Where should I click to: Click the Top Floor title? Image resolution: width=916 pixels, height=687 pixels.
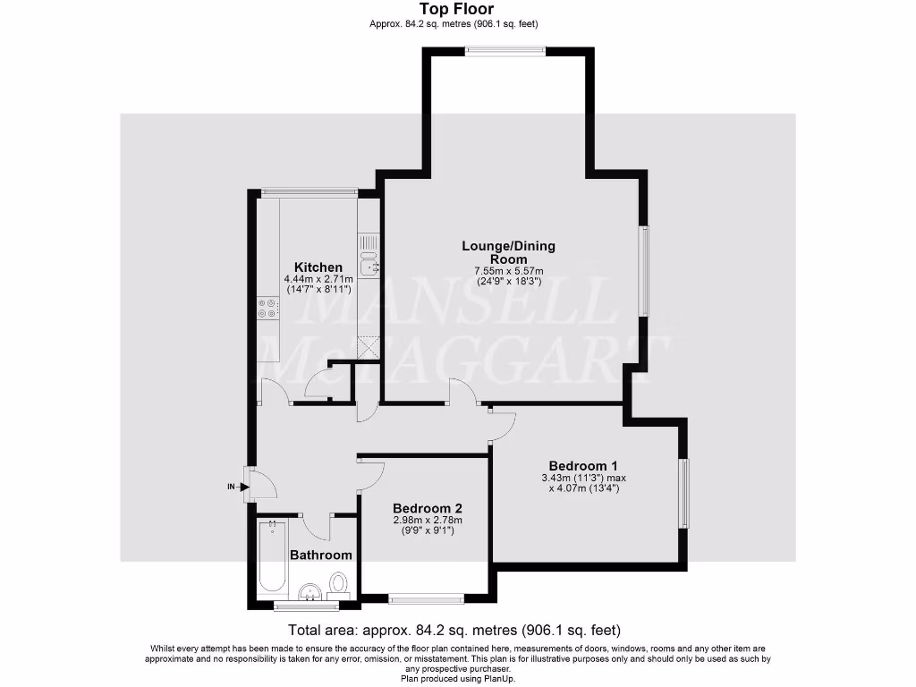click(457, 10)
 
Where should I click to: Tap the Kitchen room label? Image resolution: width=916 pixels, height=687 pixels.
click(318, 267)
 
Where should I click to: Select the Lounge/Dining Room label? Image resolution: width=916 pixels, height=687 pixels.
click(508, 251)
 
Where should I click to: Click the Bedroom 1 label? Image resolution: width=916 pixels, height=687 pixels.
click(583, 465)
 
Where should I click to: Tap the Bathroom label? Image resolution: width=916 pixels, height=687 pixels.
click(321, 555)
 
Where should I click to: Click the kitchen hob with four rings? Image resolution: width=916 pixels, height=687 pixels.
click(267, 308)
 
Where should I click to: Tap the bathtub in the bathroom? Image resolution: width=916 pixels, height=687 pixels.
click(272, 559)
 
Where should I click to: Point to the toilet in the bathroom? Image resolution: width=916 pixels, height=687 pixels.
click(339, 584)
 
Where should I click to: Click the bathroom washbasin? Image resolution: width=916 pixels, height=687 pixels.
click(310, 591)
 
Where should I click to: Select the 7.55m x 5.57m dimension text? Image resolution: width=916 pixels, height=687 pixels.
click(508, 271)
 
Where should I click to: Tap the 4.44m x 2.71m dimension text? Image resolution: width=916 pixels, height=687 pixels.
click(318, 279)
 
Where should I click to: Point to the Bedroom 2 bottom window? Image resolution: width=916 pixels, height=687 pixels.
click(426, 598)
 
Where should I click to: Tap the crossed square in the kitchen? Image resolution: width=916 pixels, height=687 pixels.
click(368, 346)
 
